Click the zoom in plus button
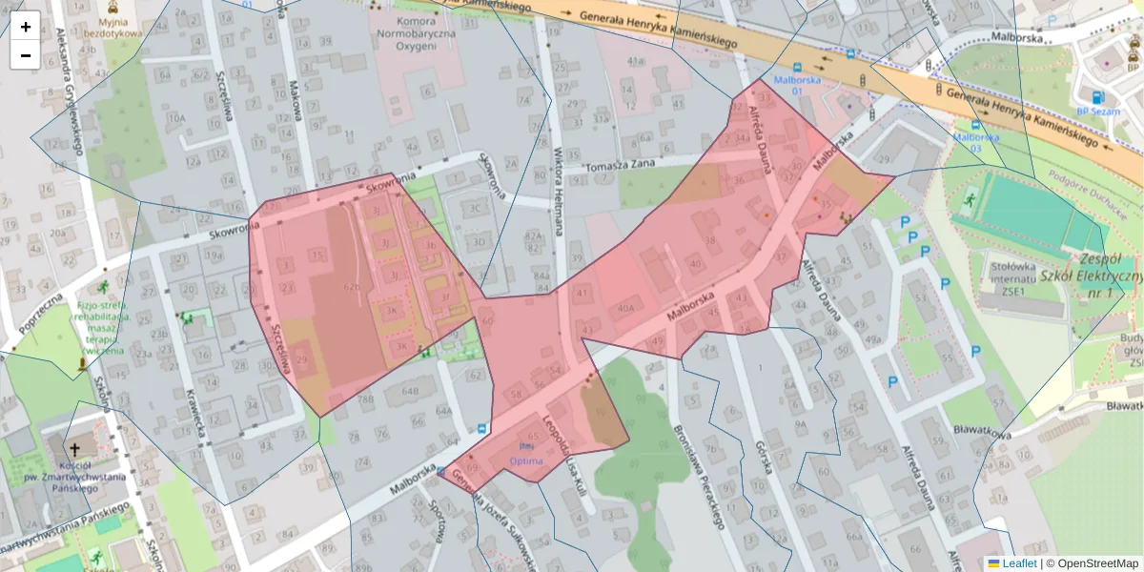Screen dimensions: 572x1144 tap(26, 27)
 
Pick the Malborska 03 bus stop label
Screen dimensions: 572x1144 tap(974, 142)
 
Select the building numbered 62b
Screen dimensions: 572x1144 tap(352, 286)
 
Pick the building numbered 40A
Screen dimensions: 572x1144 tap(625, 308)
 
